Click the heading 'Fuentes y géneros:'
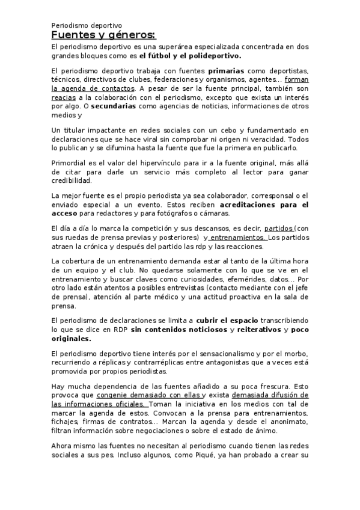(103, 36)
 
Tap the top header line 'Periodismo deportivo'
(87, 26)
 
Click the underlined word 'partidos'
(263, 229)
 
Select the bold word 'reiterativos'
(255, 330)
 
